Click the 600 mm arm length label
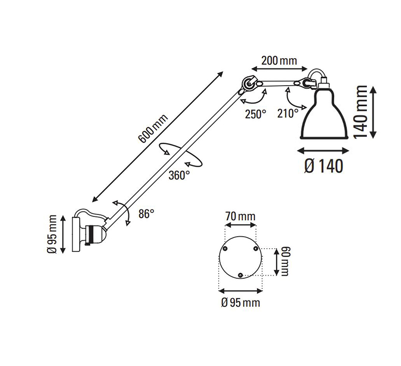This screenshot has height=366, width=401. (153, 128)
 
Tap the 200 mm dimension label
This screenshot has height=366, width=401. (279, 61)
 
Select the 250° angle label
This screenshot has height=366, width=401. (255, 114)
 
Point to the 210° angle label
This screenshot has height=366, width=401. (288, 113)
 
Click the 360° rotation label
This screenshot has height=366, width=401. (179, 175)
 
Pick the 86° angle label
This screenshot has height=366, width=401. (147, 213)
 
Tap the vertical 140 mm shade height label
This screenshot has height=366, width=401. (361, 112)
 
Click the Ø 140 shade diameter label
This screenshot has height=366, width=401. (323, 166)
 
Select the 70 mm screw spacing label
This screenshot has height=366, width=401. (240, 216)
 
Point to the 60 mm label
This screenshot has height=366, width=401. (284, 261)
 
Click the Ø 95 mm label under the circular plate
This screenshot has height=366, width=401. (240, 303)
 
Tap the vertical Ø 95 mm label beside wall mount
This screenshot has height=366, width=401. (52, 234)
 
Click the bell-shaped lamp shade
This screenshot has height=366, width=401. (324, 114)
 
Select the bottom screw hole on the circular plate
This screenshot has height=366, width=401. (240, 275)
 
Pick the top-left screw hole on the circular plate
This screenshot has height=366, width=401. (225, 248)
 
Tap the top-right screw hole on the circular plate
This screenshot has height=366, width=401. (255, 248)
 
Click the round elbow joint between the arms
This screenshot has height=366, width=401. (248, 84)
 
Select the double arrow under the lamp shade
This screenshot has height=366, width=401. (323, 151)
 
